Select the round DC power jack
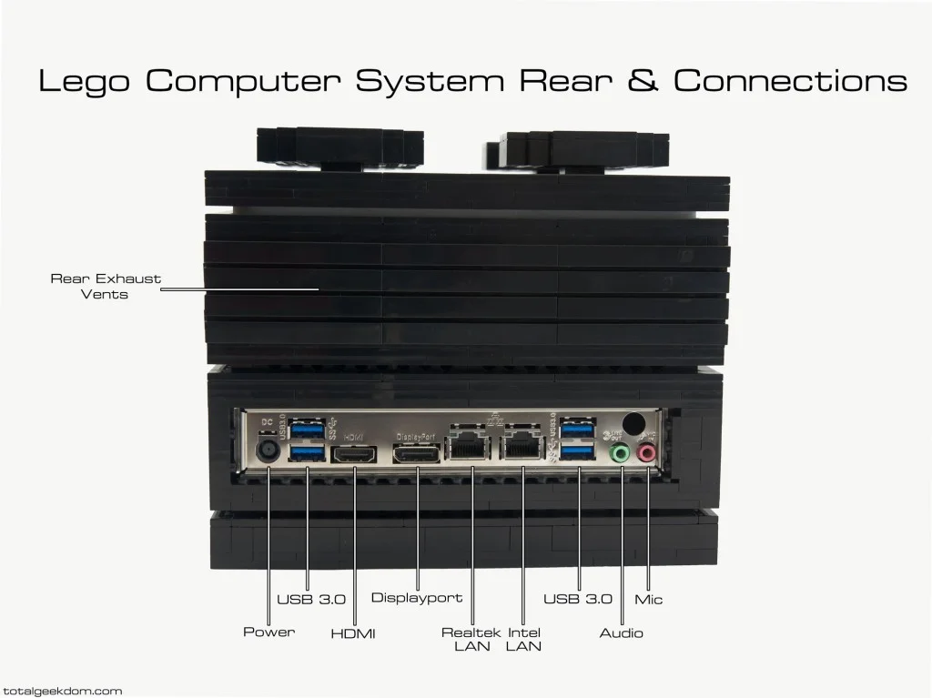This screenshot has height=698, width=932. pos(268,450)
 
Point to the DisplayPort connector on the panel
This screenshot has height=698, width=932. pos(417,453)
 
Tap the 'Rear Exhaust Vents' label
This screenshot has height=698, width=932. pos(106,286)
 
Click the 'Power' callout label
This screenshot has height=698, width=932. pos(268,632)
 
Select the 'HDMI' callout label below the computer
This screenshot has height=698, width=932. pos(353,633)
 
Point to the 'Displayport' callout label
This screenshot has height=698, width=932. pos(417,598)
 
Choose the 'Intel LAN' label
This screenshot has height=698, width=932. pos(524,639)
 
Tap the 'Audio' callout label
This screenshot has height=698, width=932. pos(621,632)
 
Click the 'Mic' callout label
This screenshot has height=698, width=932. pos(650,600)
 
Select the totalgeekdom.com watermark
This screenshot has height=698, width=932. pos(62,691)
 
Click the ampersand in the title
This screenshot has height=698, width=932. pos(643,81)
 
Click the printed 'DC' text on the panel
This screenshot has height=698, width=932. pos(268,421)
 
